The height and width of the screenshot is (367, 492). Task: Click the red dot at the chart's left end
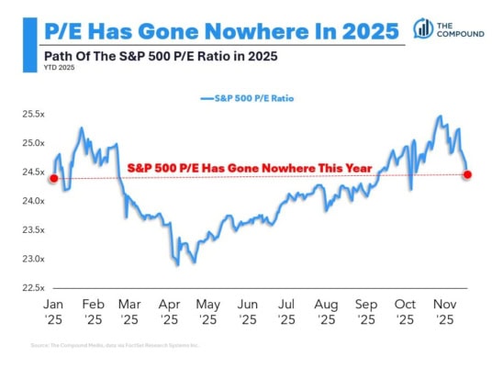54,178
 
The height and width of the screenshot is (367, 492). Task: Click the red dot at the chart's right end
467,174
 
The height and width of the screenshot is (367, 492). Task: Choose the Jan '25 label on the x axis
53,313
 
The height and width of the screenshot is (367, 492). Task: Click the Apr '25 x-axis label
170,313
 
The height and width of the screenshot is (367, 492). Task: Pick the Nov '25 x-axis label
444,313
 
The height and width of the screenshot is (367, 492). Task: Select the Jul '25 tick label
287,313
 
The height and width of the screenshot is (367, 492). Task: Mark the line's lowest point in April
176,265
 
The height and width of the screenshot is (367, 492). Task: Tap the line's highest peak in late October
441,117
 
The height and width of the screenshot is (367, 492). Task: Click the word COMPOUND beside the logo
462,34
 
